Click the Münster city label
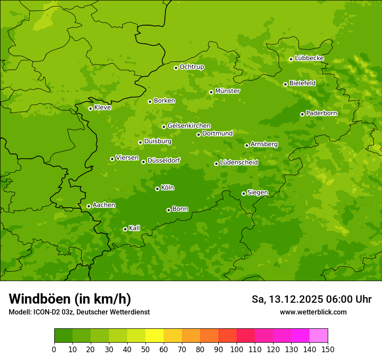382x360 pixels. tap(227, 91)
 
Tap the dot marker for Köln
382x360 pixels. tap(157, 189)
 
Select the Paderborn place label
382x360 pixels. tap(321, 113)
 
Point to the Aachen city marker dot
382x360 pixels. tap(89, 206)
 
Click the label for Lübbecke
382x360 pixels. tap(309, 58)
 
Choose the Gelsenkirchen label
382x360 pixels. tap(189, 126)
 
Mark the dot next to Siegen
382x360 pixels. tap(244, 193)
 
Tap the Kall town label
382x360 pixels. tap(135, 228)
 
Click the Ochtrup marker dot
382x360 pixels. tap(176, 68)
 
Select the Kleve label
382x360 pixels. tap(102, 108)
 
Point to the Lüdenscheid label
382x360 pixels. tap(239, 163)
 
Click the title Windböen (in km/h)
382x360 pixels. tap(69, 299)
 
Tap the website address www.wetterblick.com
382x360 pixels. tap(313, 312)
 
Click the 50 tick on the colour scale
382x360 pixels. tap(145, 349)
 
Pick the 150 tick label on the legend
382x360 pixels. tap(328, 349)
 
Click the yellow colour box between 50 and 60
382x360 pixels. tap(155, 336)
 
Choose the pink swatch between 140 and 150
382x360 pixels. tap(319, 336)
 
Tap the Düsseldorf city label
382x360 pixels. tap(164, 160)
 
